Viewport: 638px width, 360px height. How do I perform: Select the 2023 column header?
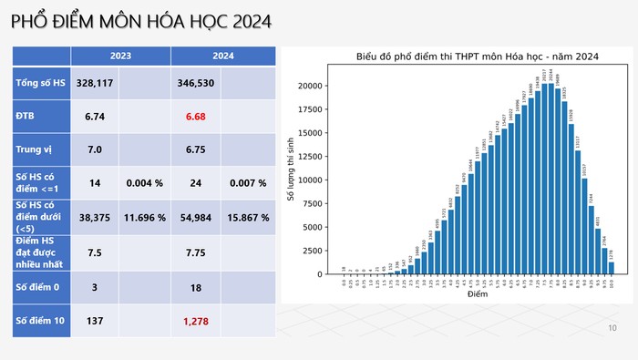[120, 56]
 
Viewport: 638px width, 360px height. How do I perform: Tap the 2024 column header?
[223, 56]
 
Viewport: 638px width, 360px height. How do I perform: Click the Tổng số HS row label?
[41, 83]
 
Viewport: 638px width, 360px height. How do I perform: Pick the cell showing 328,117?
[95, 83]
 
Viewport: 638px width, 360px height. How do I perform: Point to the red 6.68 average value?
[196, 117]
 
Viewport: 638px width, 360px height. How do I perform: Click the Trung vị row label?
[36, 149]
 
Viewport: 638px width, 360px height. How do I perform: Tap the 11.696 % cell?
[145, 219]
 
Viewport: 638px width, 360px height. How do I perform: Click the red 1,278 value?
[196, 321]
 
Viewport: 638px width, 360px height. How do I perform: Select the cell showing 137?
[95, 321]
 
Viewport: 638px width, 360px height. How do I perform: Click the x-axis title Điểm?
[477, 295]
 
